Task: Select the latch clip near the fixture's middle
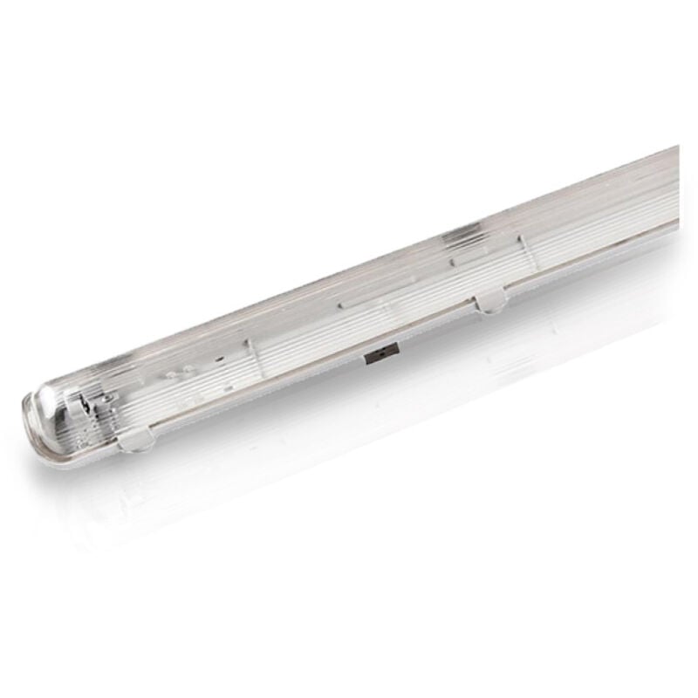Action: [x=490, y=302]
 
